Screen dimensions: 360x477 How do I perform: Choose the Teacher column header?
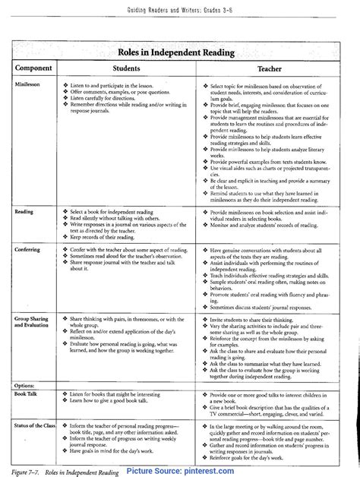tap(270, 67)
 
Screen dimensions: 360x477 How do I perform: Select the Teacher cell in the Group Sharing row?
tap(270, 345)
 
